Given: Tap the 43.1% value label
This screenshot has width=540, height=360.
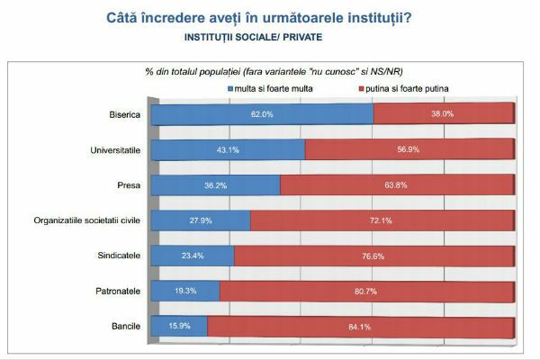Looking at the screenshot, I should point(229,149).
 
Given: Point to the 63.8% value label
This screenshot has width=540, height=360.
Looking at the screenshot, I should point(397,184).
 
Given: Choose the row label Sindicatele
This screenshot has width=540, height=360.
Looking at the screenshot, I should point(117,255).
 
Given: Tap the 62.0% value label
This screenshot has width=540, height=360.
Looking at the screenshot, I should point(261,114).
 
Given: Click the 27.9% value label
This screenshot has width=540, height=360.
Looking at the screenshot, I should point(201,220).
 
